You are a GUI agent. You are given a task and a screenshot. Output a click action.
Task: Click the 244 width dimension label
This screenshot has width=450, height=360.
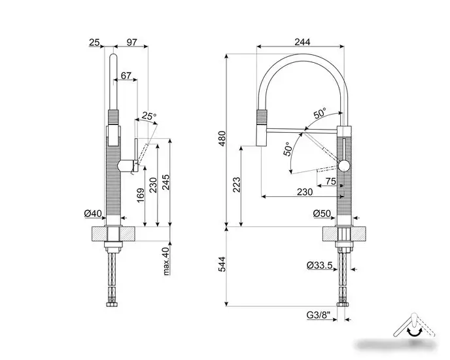[302, 41]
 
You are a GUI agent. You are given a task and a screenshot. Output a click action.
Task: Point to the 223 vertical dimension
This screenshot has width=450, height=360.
[236, 188]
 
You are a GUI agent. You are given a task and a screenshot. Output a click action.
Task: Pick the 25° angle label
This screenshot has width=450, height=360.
[149, 117]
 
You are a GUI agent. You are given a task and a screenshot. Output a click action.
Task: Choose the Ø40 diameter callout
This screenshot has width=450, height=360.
[93, 213]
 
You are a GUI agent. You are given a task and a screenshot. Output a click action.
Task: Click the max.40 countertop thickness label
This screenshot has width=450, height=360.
[166, 260]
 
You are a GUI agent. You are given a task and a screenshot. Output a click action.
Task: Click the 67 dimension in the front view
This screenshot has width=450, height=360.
[126, 76]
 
